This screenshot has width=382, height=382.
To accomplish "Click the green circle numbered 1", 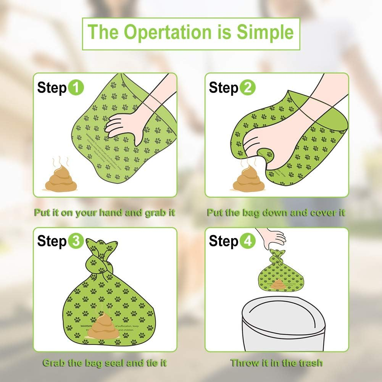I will coord(76,88).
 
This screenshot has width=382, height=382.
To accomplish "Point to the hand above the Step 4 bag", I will coord(273,236).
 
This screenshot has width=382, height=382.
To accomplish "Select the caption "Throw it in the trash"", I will coord(276,363).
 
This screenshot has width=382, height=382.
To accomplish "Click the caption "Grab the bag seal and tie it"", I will coord(105,363).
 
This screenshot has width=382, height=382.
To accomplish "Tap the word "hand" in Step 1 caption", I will coord(112,213).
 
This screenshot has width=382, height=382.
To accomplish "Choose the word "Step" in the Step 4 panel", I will coord(223,241).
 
